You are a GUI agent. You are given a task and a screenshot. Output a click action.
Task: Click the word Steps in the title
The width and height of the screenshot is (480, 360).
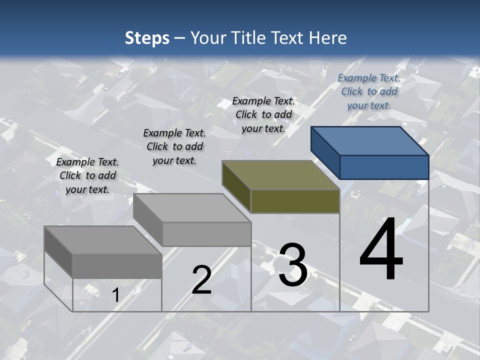click(x=147, y=38)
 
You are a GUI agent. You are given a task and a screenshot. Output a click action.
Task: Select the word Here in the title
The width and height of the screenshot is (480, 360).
click(x=328, y=38)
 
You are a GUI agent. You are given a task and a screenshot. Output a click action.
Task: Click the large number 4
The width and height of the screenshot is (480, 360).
click(x=381, y=250)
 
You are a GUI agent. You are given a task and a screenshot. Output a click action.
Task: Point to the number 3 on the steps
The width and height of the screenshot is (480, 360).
click(x=292, y=265)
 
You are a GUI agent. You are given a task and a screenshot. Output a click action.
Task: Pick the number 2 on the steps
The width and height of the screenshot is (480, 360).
click(x=201, y=280)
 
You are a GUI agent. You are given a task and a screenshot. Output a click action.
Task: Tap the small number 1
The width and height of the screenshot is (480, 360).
click(x=115, y=295)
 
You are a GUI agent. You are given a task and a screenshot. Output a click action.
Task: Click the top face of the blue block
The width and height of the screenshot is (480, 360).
click(x=369, y=140)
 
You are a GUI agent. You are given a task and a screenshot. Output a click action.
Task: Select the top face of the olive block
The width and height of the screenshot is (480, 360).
click(x=280, y=175)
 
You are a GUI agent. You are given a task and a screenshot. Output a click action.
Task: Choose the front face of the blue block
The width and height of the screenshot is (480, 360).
click(x=384, y=167)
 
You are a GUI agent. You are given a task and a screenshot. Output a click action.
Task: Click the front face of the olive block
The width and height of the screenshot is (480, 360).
click(x=295, y=201)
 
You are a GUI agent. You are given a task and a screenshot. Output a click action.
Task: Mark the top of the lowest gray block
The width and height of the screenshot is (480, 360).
click(x=102, y=240)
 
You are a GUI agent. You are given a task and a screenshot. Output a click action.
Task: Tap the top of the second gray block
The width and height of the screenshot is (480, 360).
click(x=191, y=207)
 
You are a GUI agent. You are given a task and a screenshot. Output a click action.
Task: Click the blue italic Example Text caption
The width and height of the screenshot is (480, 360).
click(x=369, y=91)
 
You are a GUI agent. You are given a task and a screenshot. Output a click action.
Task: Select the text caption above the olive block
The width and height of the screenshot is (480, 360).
click(x=263, y=114)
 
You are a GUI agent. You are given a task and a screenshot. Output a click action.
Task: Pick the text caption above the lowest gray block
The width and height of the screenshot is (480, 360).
click(x=87, y=175)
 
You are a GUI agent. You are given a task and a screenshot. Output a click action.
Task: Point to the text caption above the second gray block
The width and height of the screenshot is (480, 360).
click(x=174, y=146)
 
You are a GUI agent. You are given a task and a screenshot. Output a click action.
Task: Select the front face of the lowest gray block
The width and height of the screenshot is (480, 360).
click(x=117, y=266)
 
